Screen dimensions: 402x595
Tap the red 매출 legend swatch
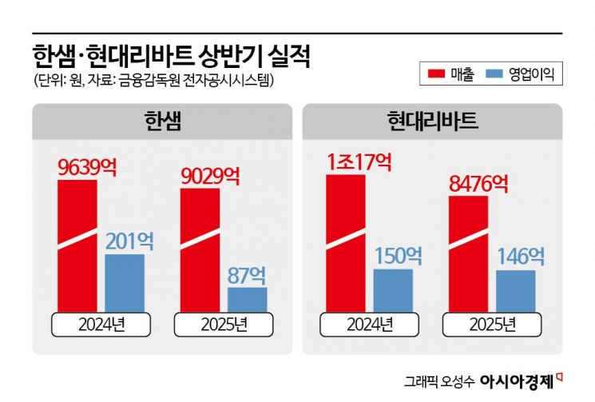pyautogui.click(x=436, y=75)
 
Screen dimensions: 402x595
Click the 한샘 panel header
pyautogui.click(x=162, y=122)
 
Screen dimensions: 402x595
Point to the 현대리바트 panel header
pyautogui.click(x=432, y=122)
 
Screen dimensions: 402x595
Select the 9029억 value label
pyautogui.click(x=210, y=175)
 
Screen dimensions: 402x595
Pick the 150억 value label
pyautogui.click(x=397, y=256)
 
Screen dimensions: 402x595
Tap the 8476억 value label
pyautogui.click(x=478, y=183)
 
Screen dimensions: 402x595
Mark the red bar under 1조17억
pyautogui.click(x=346, y=244)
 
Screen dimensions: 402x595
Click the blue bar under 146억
pyautogui.click(x=516, y=292)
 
